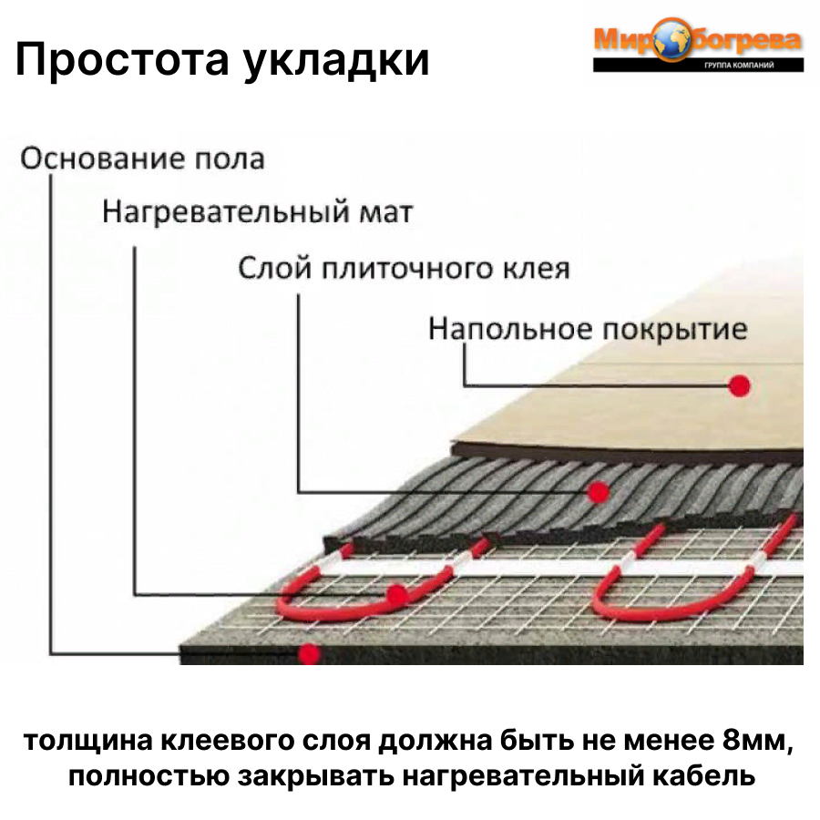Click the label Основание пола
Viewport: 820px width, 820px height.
tap(142, 159)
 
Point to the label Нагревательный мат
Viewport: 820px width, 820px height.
tap(257, 213)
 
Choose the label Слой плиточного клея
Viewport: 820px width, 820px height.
tap(404, 269)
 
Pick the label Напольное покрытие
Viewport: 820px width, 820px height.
tap(588, 328)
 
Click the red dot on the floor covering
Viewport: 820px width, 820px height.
tap(740, 385)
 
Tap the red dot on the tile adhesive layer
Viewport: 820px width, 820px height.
tap(598, 492)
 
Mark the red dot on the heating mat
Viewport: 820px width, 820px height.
tap(396, 595)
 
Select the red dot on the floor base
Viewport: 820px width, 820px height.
tap(310, 652)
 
